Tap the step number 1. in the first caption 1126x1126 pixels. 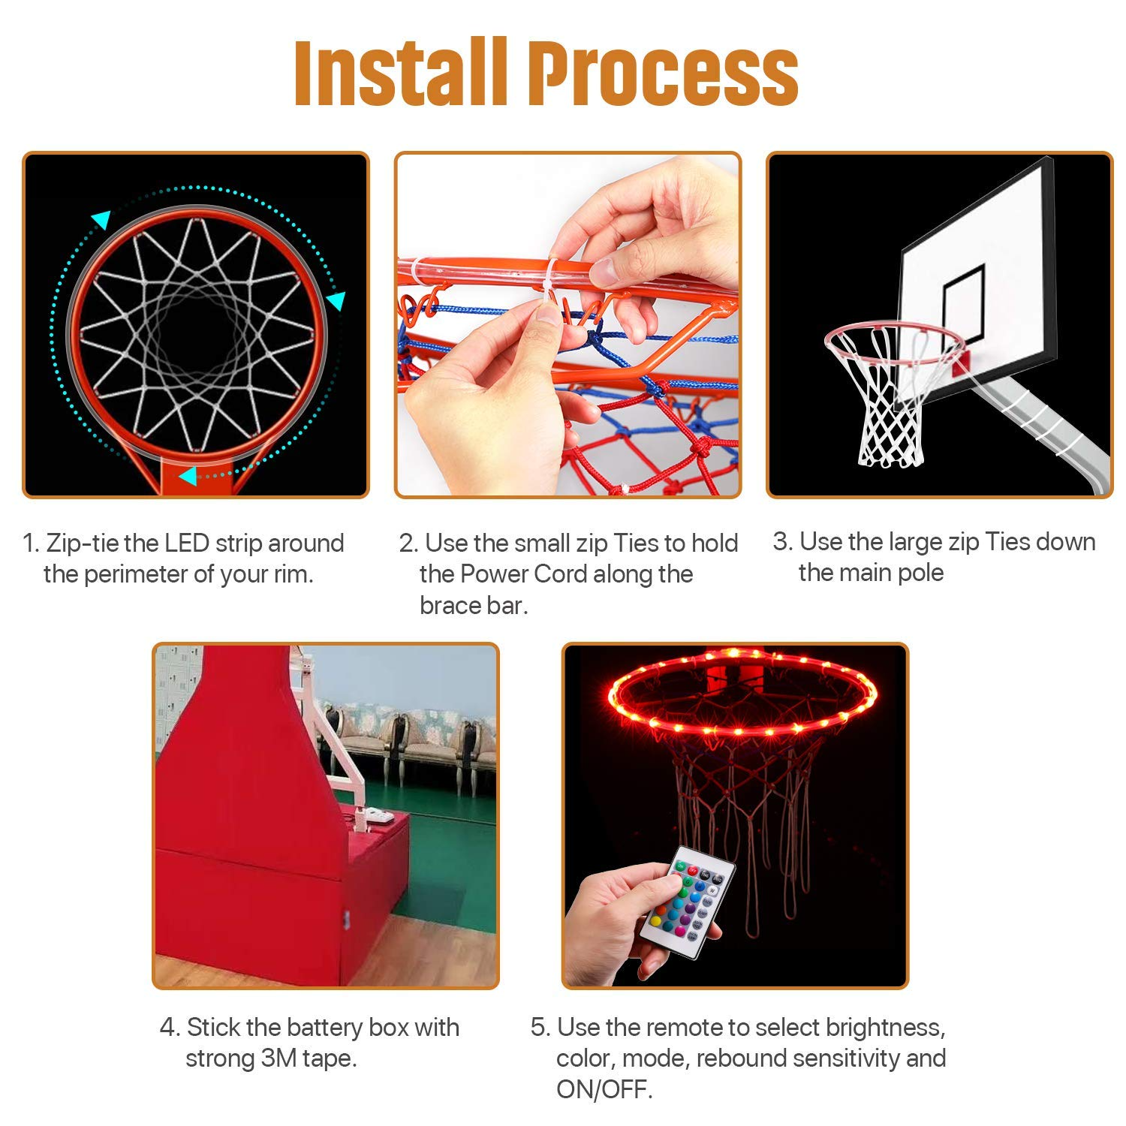coord(31,543)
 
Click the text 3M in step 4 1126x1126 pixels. coord(278,1058)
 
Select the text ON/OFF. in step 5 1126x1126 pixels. coord(604,1089)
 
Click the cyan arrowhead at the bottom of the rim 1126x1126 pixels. coord(188,476)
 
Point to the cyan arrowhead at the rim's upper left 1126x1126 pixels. coord(101,219)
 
